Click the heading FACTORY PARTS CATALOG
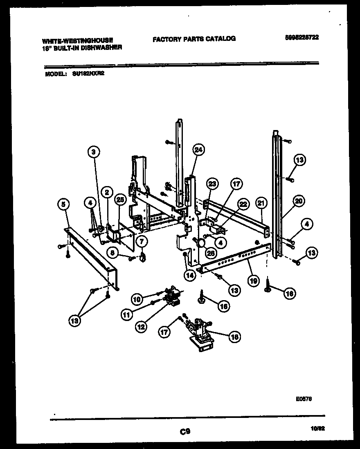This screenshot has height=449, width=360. (194, 39)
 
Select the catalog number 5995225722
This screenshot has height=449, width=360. (302, 37)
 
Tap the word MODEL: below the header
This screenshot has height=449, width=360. (55, 74)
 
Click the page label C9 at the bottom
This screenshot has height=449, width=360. (184, 431)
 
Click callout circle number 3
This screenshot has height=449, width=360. (94, 152)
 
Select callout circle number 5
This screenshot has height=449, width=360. (63, 203)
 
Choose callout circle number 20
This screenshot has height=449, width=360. (299, 201)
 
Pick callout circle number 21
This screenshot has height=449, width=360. (261, 202)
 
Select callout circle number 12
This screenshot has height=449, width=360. (140, 327)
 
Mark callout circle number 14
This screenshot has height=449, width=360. (189, 275)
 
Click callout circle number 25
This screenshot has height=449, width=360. (120, 200)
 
